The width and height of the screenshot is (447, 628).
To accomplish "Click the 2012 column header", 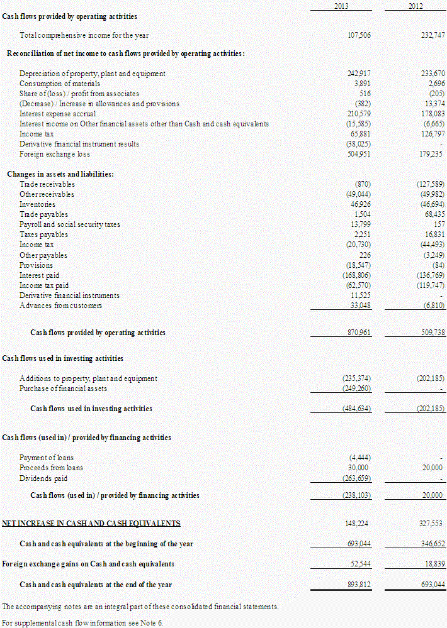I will click(415, 6).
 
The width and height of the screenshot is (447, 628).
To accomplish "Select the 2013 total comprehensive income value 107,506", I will click(359, 35).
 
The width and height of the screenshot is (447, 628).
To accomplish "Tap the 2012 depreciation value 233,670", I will click(433, 74).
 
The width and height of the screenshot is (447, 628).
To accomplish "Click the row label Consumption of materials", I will click(60, 84).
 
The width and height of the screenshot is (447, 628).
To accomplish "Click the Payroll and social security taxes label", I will click(69, 224).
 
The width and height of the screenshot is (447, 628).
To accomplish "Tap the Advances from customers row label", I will click(60, 306).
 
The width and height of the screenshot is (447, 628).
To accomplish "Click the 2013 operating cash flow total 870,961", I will click(359, 333).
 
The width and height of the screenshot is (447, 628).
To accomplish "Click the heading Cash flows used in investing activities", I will click(63, 358).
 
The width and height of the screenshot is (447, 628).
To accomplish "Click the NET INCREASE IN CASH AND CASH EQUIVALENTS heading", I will click(91, 523).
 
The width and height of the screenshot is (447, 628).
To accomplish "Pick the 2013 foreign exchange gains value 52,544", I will click(361, 564).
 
